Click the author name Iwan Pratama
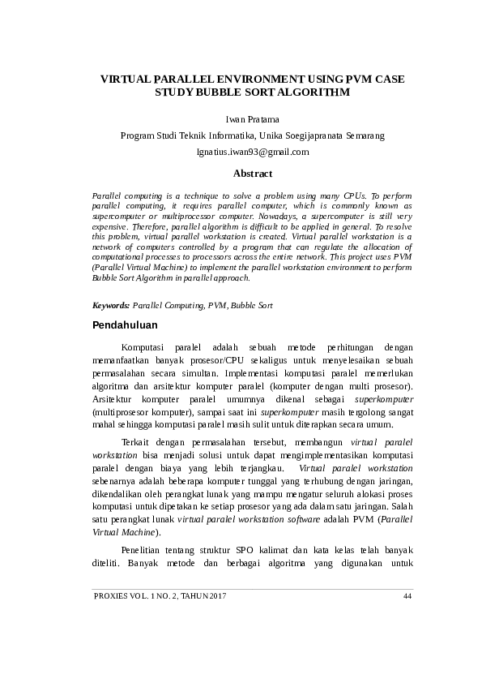click(252, 119)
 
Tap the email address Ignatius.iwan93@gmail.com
click(253, 152)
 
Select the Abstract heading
click(253, 174)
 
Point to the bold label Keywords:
click(111, 306)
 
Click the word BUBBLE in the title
click(220, 93)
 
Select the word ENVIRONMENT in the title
click(256, 79)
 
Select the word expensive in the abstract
click(112, 228)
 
